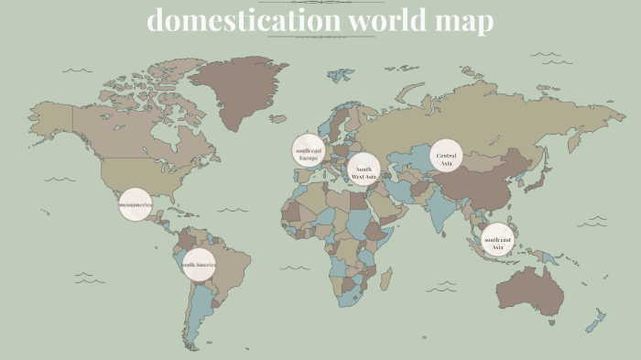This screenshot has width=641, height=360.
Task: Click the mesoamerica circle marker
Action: click(135, 205)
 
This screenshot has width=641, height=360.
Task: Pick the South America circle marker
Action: click(199, 265)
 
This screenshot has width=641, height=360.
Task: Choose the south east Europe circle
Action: click(309, 150)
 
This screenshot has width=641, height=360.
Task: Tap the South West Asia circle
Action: click(364, 169)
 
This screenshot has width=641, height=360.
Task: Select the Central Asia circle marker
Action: click(446, 156)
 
